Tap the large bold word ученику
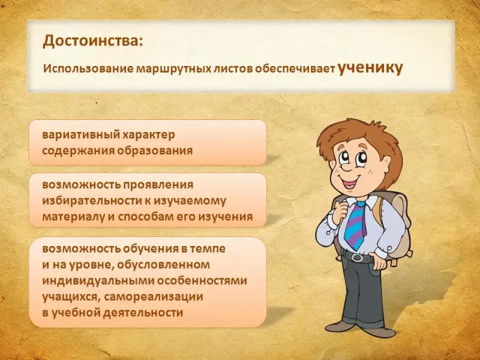pos(370,68)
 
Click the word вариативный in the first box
pos(80,135)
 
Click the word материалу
pos(73,217)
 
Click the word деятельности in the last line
pos(143,313)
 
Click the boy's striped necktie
pos(355,224)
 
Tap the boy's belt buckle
pos(357,257)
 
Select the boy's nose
pos(345,167)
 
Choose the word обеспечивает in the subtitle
pos(295,69)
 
